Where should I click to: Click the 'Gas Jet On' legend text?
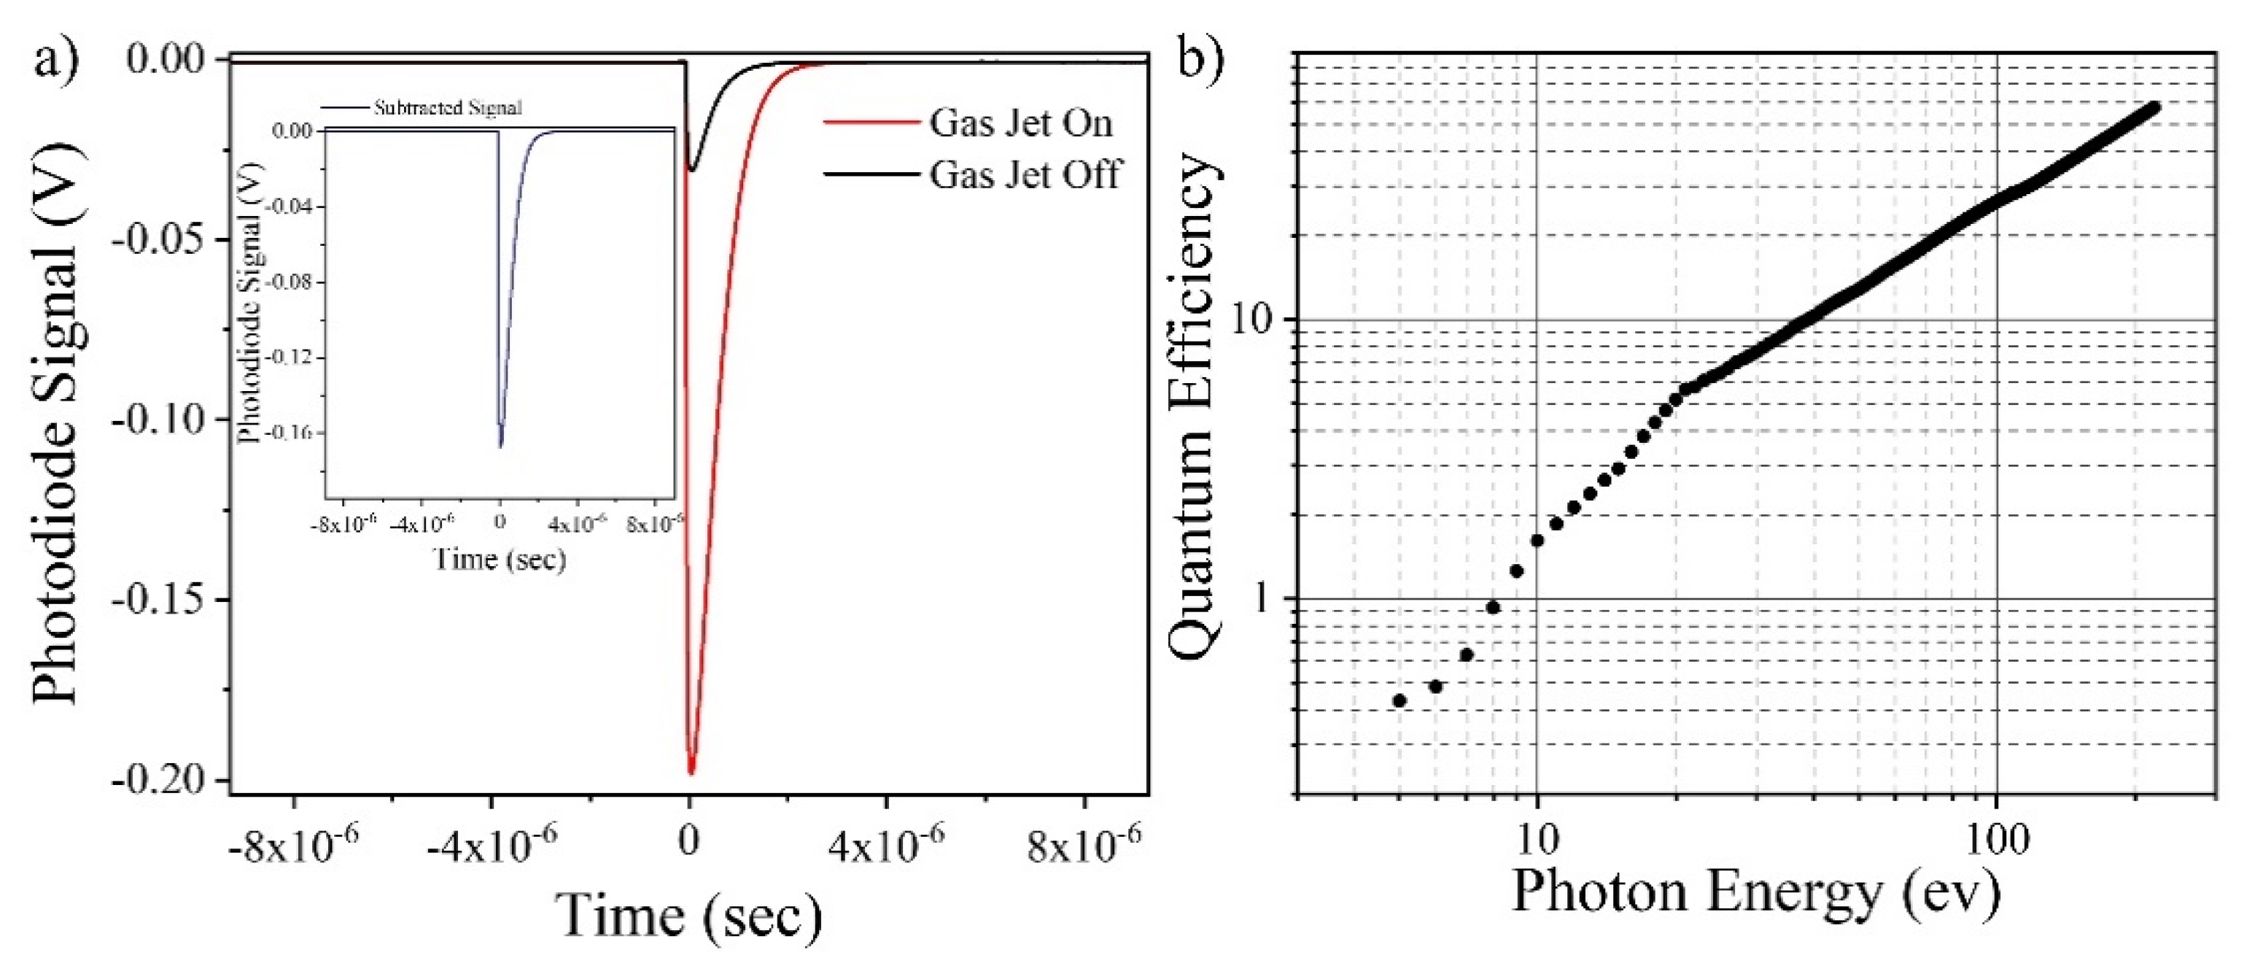(x=1021, y=123)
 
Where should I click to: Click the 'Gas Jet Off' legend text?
(x=1024, y=175)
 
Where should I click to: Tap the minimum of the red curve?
(x=691, y=773)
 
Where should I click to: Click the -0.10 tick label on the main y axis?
(x=158, y=420)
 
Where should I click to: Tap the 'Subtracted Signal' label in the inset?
(x=447, y=108)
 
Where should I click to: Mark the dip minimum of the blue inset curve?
(x=501, y=447)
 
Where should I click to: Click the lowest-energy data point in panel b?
(x=1399, y=700)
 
